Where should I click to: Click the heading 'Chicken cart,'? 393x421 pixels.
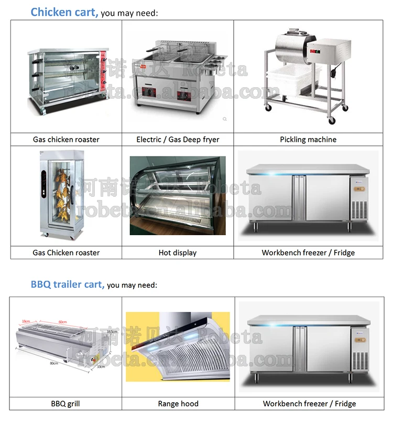coord(64,12)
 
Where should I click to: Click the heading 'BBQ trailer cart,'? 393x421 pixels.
coord(67,285)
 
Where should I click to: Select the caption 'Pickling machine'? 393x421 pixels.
coord(308,140)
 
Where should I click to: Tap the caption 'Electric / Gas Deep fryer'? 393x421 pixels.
coord(178,140)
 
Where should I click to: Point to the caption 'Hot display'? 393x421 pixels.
coord(178,253)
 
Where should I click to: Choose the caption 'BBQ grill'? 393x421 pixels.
coord(66,404)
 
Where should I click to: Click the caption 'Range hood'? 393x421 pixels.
coord(178,404)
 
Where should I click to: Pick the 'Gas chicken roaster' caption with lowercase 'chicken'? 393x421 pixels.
coord(66,140)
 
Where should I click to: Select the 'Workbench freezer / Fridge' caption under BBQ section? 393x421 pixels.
coord(309,404)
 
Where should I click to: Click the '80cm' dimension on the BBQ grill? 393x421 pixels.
coord(54,363)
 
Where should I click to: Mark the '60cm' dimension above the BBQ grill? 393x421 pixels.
coord(63,322)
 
